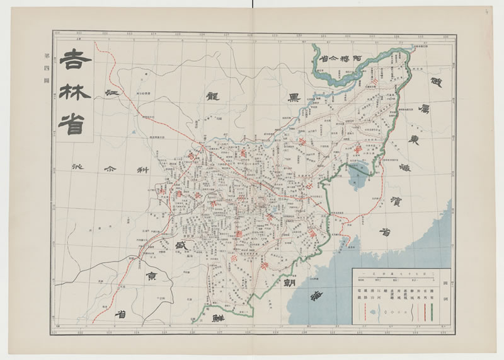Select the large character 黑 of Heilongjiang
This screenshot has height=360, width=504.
[x=294, y=98]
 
